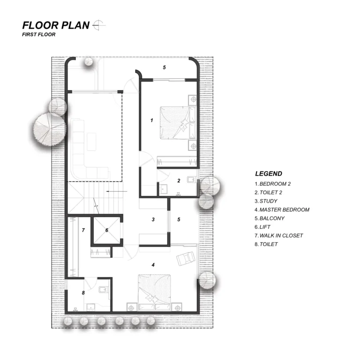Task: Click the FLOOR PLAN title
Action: coord(56,25)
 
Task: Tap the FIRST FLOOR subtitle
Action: coord(39,35)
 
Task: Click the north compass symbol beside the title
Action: coord(98,25)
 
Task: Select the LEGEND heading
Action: coord(269,173)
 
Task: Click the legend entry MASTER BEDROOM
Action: coord(285,210)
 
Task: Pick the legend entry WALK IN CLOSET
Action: coord(281,236)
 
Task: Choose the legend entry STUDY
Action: coord(269,201)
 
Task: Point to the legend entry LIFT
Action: coord(265,227)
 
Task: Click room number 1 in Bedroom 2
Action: coord(151,120)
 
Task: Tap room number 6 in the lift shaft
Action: coord(107,230)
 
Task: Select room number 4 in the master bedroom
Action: coord(153,265)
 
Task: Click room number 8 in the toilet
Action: coord(83,292)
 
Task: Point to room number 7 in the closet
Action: coord(83,230)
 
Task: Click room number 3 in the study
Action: coord(153,219)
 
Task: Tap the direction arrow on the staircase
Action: coord(116,191)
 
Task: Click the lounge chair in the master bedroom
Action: coord(186,258)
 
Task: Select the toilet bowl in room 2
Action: coord(191,179)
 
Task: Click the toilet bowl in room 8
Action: coord(103,290)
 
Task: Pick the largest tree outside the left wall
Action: coord(50,130)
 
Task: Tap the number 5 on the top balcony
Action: coord(164,67)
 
